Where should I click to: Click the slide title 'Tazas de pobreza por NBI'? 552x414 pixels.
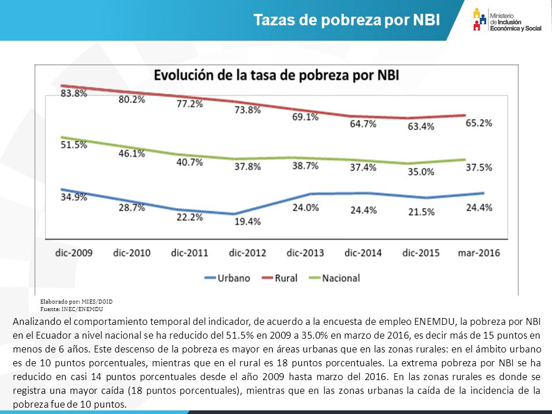[x=347, y=20]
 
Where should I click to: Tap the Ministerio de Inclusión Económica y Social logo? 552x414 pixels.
[x=507, y=20]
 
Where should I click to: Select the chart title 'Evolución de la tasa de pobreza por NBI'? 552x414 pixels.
[x=277, y=75]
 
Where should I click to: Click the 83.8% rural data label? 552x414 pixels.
[x=74, y=93]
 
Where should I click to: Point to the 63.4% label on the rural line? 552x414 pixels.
[x=421, y=126]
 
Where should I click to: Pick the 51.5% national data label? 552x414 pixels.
[x=74, y=145]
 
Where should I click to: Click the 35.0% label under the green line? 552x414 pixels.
[x=421, y=172]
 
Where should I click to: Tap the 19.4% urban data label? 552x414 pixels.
[x=248, y=221]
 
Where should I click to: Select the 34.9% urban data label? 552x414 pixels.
[x=74, y=197]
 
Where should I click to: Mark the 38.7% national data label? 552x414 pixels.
[x=305, y=166]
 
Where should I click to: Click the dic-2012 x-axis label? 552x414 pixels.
[x=247, y=253]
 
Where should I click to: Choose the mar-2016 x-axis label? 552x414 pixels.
[x=479, y=253]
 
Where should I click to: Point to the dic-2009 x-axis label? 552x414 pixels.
[x=74, y=253]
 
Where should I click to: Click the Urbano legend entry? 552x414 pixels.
[x=228, y=278]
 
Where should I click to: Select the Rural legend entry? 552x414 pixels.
[x=280, y=278]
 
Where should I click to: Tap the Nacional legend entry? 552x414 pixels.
[x=335, y=278]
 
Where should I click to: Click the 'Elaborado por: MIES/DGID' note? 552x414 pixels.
[x=76, y=301]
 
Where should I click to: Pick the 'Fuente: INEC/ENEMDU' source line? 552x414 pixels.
[x=71, y=309]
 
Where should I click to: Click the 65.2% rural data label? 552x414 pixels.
[x=479, y=123]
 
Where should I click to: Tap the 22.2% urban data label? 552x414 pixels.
[x=190, y=217]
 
